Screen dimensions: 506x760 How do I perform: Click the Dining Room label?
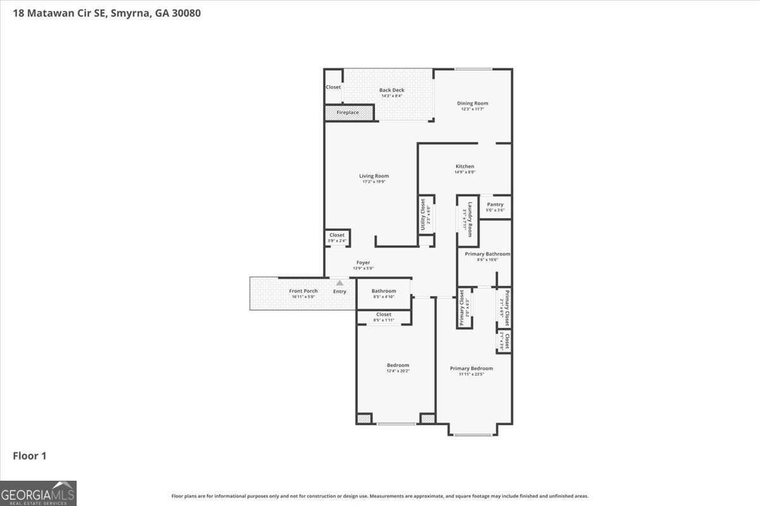(x=472, y=103)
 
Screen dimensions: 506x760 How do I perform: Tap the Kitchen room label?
(x=464, y=166)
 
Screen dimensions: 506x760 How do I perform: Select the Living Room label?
(x=374, y=176)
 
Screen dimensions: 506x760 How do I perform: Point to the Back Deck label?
(x=391, y=90)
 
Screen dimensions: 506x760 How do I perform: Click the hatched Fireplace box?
(x=348, y=113)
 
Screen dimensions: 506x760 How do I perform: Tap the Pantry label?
(x=495, y=204)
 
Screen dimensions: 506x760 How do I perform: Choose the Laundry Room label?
(x=469, y=219)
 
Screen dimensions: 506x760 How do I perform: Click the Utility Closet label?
(x=423, y=215)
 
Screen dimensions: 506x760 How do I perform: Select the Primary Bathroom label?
(x=487, y=254)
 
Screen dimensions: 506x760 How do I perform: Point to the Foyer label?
(x=363, y=262)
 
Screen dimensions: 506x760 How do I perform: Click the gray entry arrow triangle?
(x=339, y=283)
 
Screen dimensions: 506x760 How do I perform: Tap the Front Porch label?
(x=303, y=291)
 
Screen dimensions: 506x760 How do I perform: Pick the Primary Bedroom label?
(x=471, y=368)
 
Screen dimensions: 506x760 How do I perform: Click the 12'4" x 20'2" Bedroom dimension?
(x=398, y=371)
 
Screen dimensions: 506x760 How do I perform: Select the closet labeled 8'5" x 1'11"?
(x=384, y=317)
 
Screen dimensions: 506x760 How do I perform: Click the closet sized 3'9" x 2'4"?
(x=337, y=238)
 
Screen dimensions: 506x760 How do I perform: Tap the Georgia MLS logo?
(x=38, y=493)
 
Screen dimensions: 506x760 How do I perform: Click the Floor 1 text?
(x=30, y=455)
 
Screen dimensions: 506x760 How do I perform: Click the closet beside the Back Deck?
(x=333, y=87)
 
